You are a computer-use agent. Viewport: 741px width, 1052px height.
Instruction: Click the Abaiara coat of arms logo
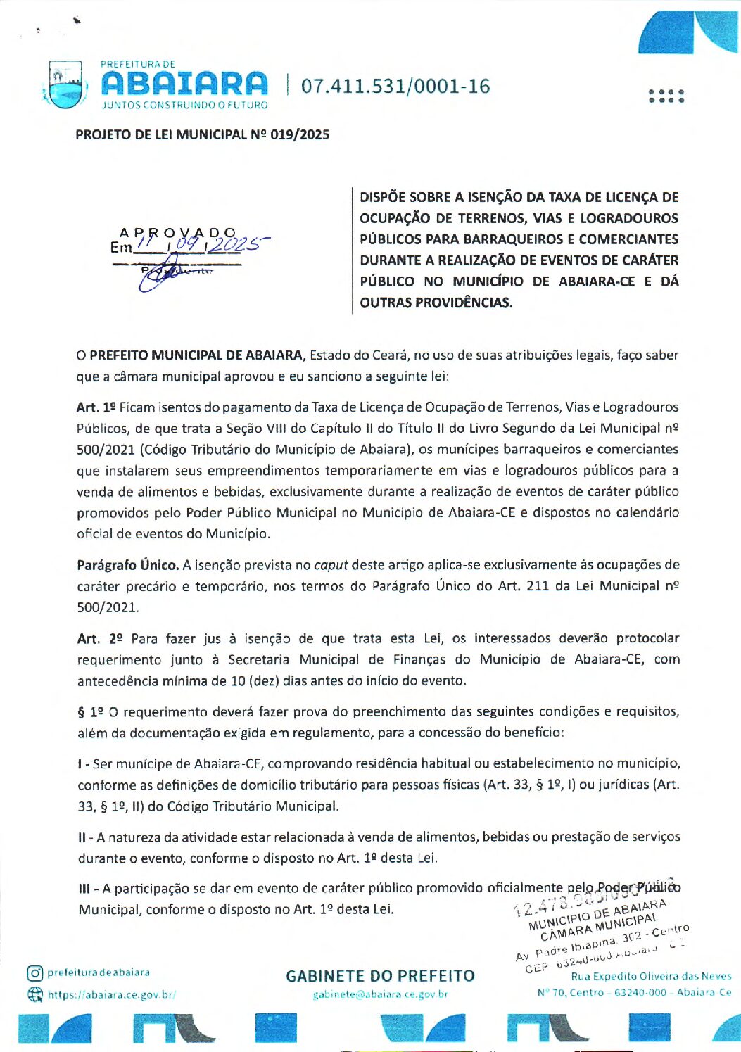coord(65,85)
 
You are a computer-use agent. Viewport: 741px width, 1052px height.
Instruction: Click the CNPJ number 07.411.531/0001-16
coord(395,87)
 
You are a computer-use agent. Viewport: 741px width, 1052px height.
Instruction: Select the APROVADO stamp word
coord(178,232)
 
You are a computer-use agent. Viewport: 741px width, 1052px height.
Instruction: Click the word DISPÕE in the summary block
coord(384,197)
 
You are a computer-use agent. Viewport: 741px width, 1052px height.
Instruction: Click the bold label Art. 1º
coord(96,407)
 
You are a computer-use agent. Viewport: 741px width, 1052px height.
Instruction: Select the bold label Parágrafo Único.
coord(127,564)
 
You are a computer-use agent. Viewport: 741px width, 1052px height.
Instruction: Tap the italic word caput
coord(331,564)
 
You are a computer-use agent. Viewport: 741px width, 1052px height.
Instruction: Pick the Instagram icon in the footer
coord(34,972)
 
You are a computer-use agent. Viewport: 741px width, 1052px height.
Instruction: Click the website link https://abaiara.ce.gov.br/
coord(111,994)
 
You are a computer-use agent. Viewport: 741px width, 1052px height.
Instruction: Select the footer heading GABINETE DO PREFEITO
coord(380,976)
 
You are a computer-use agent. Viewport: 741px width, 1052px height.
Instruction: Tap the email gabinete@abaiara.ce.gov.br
coord(380,994)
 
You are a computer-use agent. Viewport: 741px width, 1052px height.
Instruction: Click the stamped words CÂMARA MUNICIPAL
coord(599,927)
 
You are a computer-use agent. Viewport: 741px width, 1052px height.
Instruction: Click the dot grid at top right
coord(666,96)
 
